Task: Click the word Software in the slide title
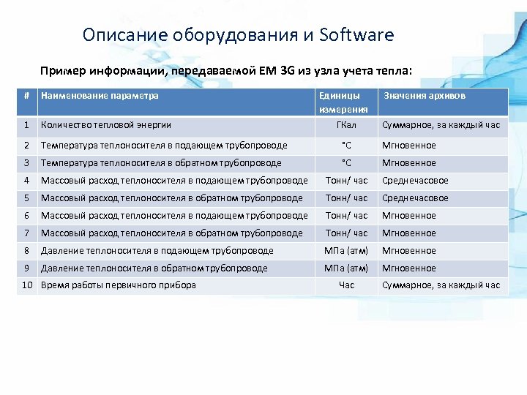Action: click(x=356, y=35)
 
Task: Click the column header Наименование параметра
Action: click(x=100, y=96)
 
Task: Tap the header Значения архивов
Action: click(x=425, y=96)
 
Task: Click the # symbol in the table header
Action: click(x=26, y=96)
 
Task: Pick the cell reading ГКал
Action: click(x=346, y=125)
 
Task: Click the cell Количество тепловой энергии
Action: click(x=106, y=125)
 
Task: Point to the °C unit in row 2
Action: click(x=346, y=146)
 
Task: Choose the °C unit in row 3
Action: click(x=346, y=163)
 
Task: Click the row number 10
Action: click(x=26, y=285)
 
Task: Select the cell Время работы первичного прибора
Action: click(x=119, y=285)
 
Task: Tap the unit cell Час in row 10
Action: click(x=346, y=285)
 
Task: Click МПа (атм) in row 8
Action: click(x=346, y=251)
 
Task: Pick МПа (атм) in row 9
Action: click(x=346, y=268)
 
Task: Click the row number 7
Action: click(x=26, y=233)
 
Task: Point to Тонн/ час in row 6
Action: click(x=346, y=216)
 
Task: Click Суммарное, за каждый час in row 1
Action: click(x=441, y=125)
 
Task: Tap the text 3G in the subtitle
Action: click(x=287, y=71)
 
